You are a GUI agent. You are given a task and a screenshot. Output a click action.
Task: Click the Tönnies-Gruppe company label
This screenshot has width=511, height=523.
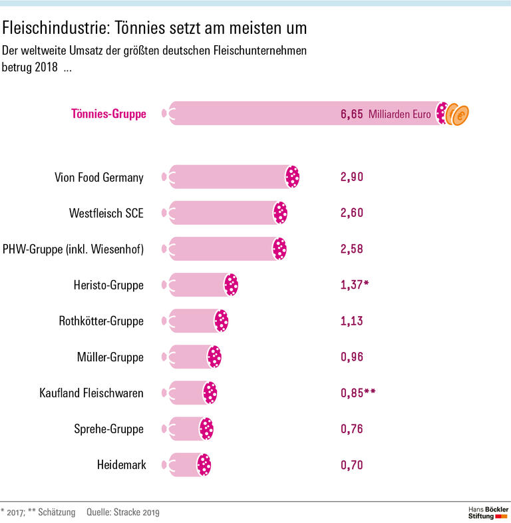[x=108, y=114]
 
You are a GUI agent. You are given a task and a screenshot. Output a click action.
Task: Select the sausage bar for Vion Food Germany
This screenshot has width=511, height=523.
[x=230, y=177]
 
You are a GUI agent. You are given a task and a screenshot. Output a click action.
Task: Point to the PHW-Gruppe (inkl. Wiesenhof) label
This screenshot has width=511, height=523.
[x=73, y=249]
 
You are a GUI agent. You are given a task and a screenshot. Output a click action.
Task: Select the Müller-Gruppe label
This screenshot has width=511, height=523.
[x=110, y=357]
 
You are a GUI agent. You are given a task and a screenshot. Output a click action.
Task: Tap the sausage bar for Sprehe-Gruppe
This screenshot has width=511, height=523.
[x=188, y=429]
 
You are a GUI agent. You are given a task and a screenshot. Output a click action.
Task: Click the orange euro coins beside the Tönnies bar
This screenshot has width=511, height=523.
[x=458, y=114]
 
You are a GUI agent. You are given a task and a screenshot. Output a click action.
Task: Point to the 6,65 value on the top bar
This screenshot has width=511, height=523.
[x=351, y=114]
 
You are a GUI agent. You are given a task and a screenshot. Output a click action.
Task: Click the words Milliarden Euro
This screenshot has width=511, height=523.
[x=399, y=114]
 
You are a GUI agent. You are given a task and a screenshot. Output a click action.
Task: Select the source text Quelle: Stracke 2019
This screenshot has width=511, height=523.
[x=123, y=512]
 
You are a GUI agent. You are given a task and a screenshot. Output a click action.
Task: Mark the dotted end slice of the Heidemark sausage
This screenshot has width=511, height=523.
[x=204, y=465]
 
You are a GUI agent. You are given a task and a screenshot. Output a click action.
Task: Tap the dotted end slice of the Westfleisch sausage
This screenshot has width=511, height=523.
[x=280, y=213]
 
